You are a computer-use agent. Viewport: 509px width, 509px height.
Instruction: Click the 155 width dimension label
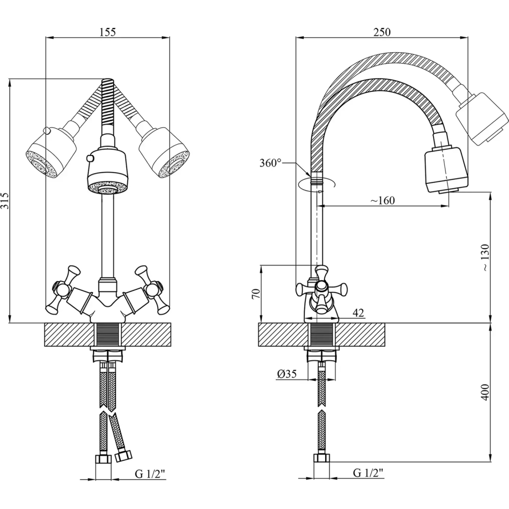click(107, 32)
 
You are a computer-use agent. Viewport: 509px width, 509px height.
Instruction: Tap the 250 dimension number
click(382, 32)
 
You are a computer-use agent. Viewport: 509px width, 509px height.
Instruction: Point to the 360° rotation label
click(270, 163)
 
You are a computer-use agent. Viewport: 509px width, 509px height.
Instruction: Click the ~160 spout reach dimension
click(383, 200)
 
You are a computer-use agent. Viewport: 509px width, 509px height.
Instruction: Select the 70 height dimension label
click(256, 293)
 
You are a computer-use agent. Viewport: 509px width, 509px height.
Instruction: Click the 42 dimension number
click(358, 313)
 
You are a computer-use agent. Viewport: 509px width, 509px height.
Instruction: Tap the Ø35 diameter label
click(287, 374)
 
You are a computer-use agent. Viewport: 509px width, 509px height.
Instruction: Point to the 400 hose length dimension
click(485, 392)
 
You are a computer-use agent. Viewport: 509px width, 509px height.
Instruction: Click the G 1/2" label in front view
click(150, 474)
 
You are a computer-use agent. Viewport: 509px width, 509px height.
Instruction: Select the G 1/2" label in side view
click(368, 473)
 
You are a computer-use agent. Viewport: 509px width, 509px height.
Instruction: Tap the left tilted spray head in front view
click(51, 152)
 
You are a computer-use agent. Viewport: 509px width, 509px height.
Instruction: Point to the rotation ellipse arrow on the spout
click(317, 184)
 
